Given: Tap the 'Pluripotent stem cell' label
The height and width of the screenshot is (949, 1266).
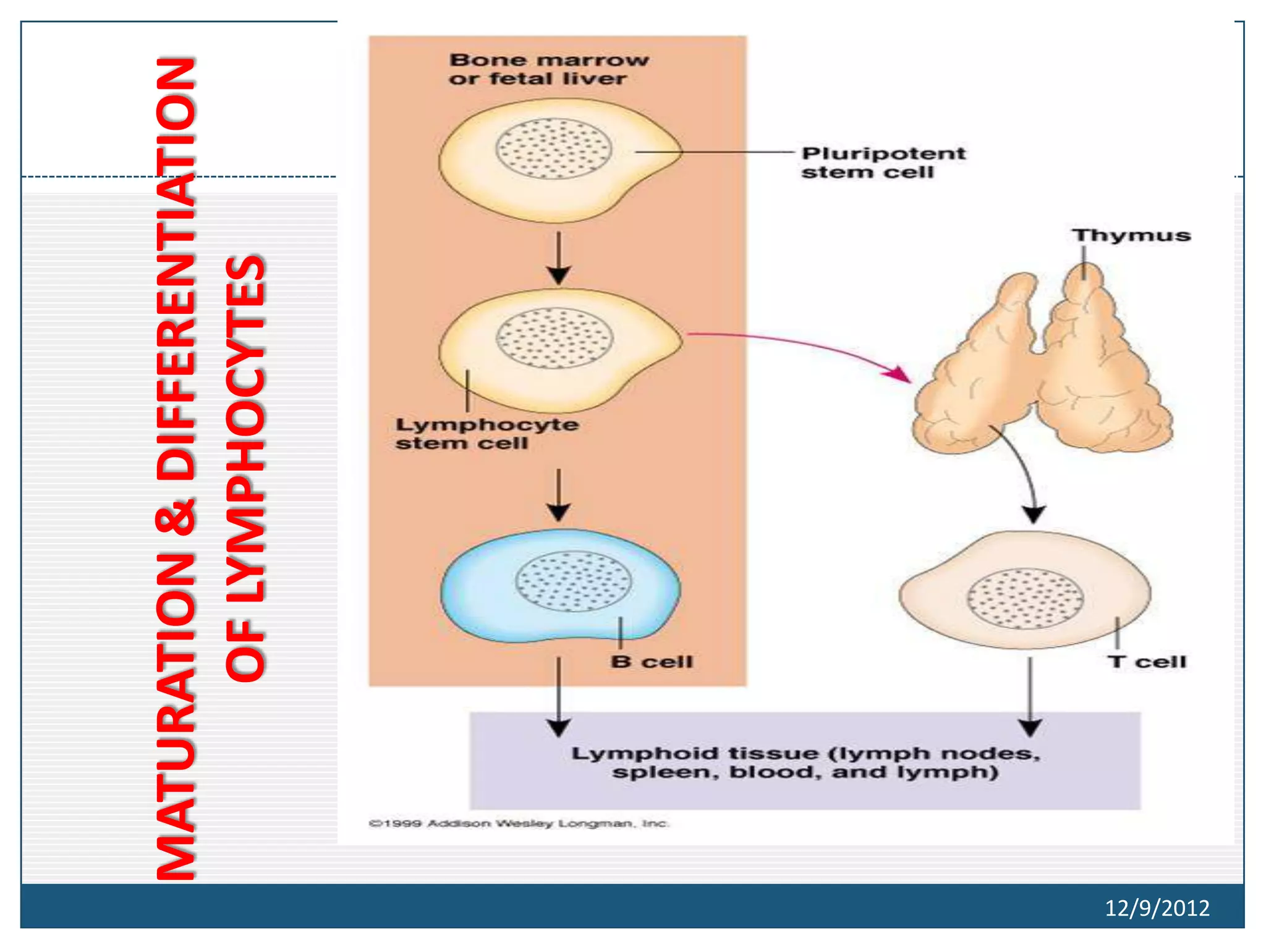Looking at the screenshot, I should pyautogui.click(x=882, y=162).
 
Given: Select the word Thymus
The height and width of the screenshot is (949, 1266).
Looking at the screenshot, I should pyautogui.click(x=1131, y=235).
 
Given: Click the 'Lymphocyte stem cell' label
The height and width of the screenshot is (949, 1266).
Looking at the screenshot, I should pyautogui.click(x=486, y=434).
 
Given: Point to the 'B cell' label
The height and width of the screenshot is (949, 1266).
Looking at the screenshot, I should pyautogui.click(x=652, y=662).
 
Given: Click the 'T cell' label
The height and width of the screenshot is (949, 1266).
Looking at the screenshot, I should pyautogui.click(x=1147, y=662).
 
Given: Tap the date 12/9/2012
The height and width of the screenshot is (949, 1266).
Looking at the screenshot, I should pyautogui.click(x=1157, y=908).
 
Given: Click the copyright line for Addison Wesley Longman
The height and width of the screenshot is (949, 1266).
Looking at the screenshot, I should pyautogui.click(x=519, y=824).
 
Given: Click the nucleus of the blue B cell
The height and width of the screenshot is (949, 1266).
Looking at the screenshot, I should pyautogui.click(x=573, y=581).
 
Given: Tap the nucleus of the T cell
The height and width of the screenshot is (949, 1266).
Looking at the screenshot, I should pyautogui.click(x=1024, y=599).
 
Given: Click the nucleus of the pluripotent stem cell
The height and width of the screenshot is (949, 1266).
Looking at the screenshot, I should pyautogui.click(x=553, y=149).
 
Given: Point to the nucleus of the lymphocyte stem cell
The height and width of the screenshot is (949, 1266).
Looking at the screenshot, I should pyautogui.click(x=554, y=338).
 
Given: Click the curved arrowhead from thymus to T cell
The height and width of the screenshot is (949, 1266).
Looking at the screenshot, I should pyautogui.click(x=1033, y=513).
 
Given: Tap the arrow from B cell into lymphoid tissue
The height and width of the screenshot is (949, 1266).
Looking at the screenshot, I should pyautogui.click(x=559, y=698).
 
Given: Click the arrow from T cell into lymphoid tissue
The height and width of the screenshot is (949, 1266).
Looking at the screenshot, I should pyautogui.click(x=1030, y=698).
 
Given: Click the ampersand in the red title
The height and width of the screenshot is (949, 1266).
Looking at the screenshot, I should pyautogui.click(x=176, y=517).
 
